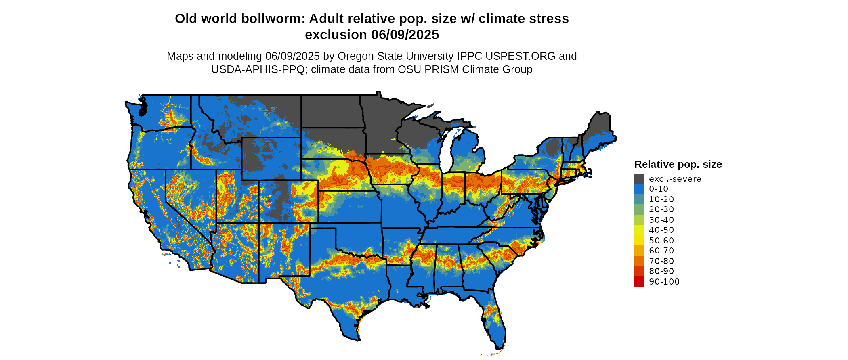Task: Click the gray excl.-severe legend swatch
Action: tap(639, 179)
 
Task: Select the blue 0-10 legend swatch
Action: tap(639, 189)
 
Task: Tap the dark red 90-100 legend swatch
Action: tap(639, 282)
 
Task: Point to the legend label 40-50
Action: tap(661, 230)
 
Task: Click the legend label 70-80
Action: tap(661, 261)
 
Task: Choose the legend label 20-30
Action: tap(661, 209)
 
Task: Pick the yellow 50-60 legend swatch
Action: tap(639, 241)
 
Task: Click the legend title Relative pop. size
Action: tap(678, 165)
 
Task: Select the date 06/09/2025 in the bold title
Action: tap(405, 35)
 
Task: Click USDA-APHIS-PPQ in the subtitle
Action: tap(258, 70)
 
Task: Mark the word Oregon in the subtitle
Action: tap(354, 56)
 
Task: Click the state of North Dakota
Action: tap(330, 111)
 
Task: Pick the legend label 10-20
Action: tap(661, 199)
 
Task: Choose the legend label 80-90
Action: tap(661, 271)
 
